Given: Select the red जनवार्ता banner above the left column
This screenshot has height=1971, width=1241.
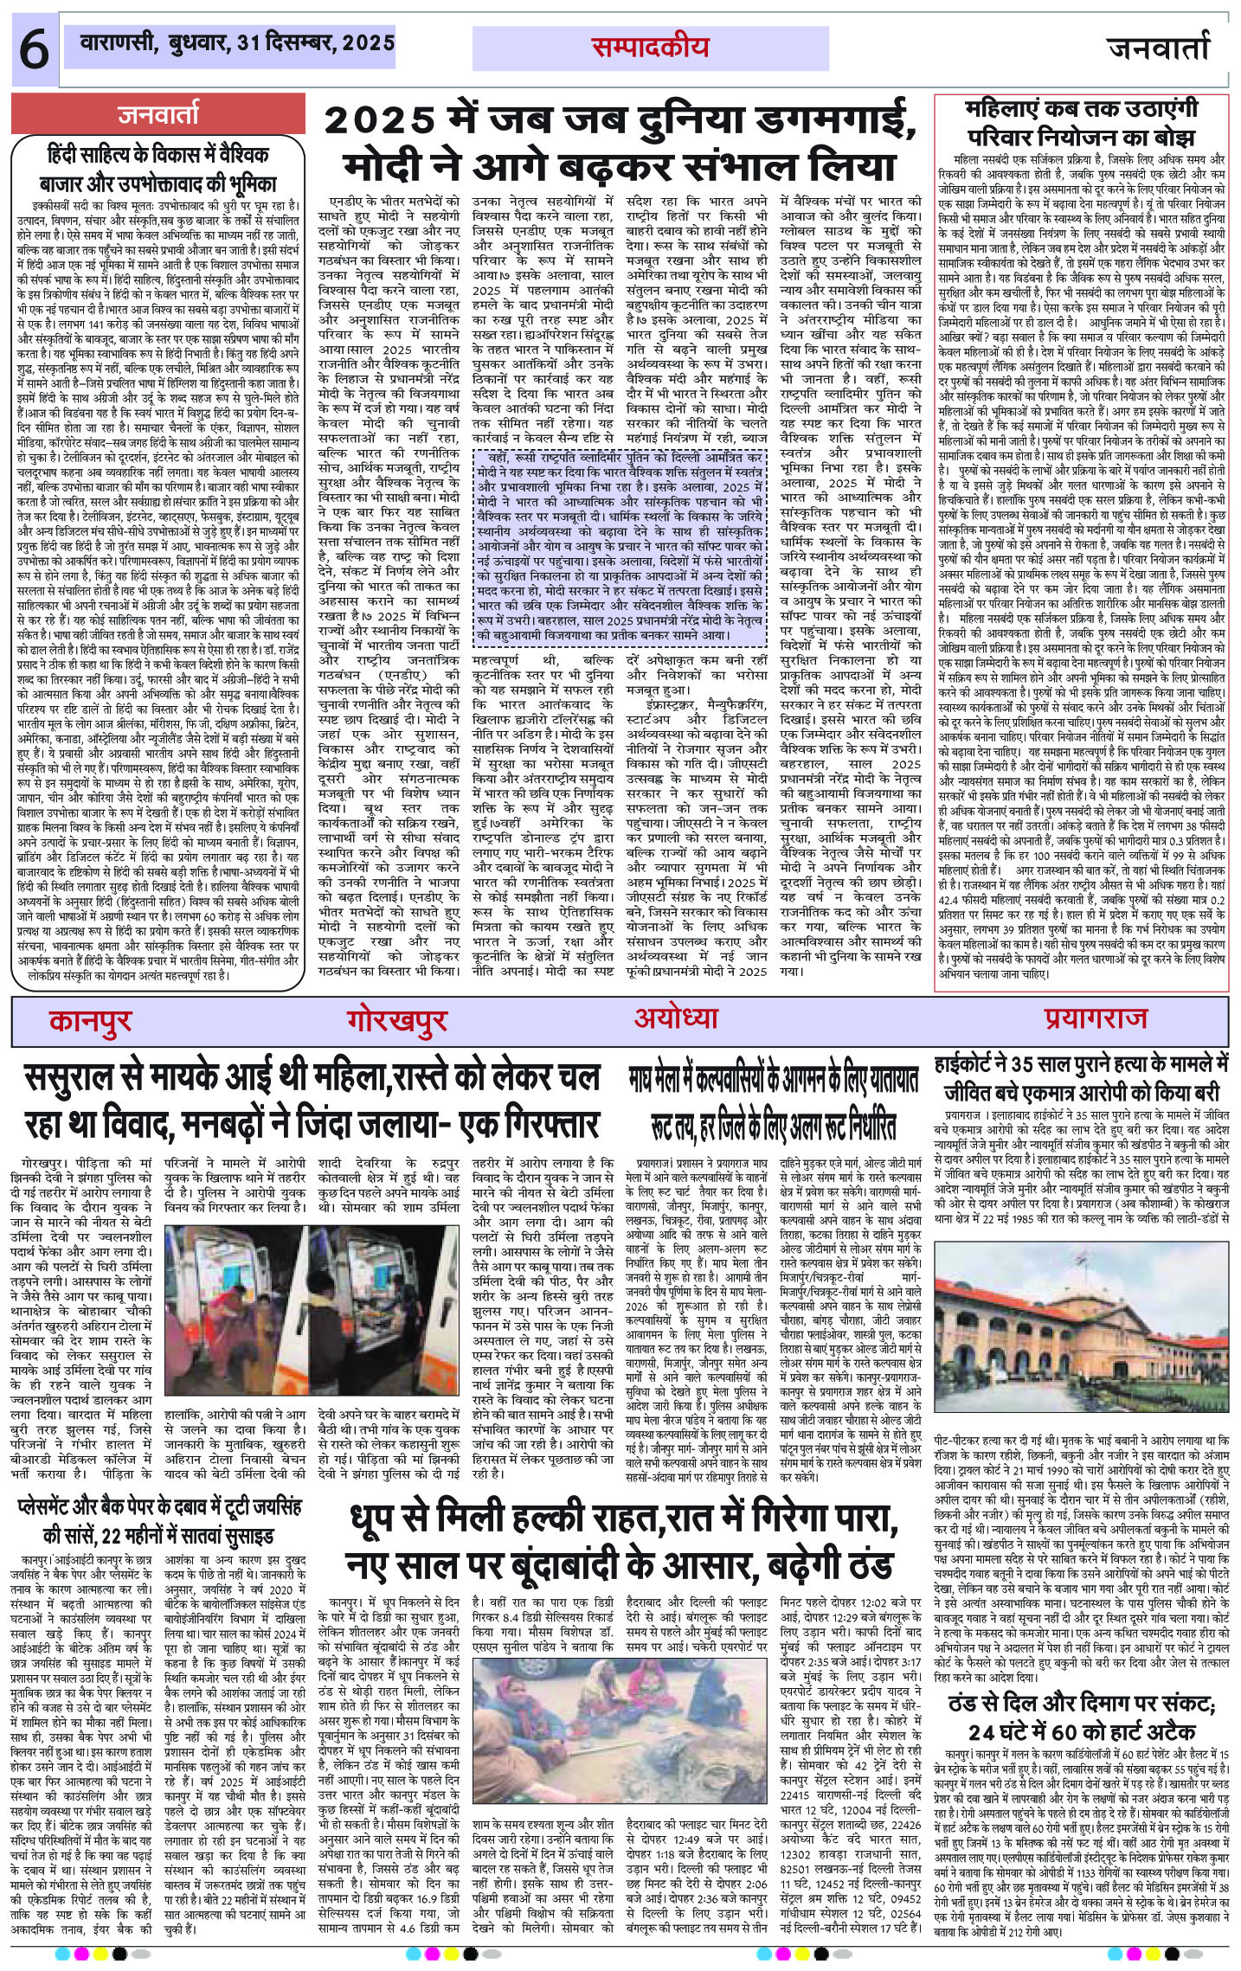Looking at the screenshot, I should click(159, 113).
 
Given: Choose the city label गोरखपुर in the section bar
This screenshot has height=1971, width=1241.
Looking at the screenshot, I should click(397, 1021).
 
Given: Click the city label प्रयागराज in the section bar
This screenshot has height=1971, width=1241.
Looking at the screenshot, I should click(1095, 1018).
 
